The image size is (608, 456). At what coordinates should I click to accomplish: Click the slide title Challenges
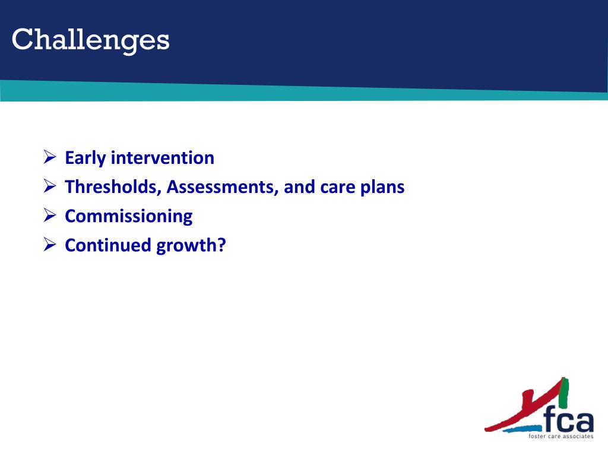[x=91, y=40]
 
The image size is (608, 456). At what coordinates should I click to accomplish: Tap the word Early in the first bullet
[x=85, y=158]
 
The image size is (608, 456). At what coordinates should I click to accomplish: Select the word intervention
[x=163, y=158]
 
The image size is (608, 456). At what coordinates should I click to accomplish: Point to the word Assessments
[x=223, y=187]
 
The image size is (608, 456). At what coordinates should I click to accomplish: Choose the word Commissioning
[x=129, y=216]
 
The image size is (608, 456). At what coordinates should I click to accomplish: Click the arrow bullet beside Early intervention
[x=50, y=157]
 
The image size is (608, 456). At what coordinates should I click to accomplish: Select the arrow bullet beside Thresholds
[x=50, y=186]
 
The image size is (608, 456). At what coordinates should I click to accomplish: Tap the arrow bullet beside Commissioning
[x=50, y=215]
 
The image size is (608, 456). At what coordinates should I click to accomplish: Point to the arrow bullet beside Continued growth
[x=50, y=244]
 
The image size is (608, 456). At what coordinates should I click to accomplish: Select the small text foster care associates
[x=560, y=436]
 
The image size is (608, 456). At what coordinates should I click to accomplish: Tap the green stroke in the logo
[x=564, y=393]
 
